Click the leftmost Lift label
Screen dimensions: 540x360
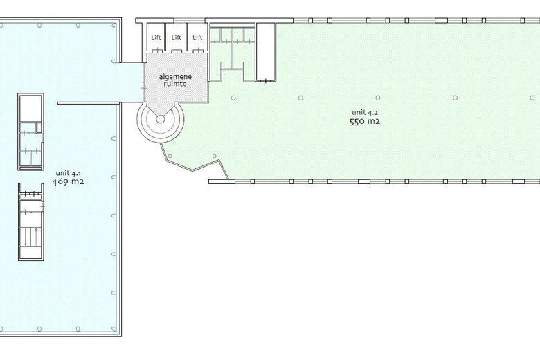click(x=156, y=37)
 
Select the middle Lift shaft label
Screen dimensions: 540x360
click(x=177, y=37)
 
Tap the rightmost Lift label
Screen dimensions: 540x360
click(x=197, y=37)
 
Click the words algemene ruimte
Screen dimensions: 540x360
click(x=175, y=80)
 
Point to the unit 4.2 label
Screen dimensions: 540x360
click(x=365, y=112)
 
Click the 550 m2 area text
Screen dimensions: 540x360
click(x=365, y=121)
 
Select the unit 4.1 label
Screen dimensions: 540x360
click(x=68, y=173)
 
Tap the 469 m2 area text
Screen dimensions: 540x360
click(x=68, y=181)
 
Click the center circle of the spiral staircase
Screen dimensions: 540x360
click(x=161, y=119)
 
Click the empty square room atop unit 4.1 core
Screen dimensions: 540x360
click(x=30, y=108)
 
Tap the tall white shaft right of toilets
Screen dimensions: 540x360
click(x=266, y=52)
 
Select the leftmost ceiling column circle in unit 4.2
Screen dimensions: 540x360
click(x=233, y=98)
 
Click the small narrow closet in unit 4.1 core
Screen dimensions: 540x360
click(x=39, y=128)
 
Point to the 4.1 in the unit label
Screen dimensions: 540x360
click(x=76, y=173)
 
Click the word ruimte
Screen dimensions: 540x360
click(x=175, y=84)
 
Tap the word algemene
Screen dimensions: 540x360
click(x=175, y=77)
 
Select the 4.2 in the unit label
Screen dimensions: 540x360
click(x=373, y=112)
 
